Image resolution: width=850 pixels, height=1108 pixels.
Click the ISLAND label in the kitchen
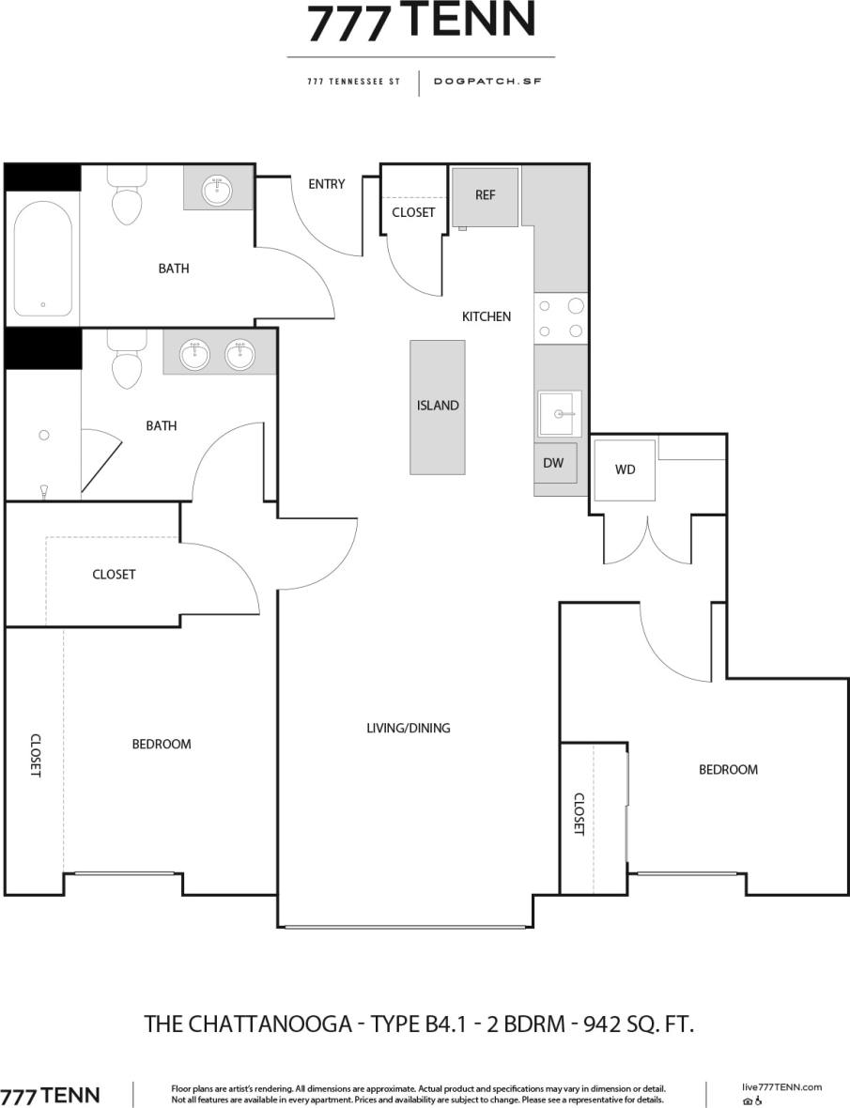point(438,406)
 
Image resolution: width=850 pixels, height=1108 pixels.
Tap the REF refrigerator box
point(485,196)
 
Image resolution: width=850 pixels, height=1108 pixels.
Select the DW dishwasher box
point(553,464)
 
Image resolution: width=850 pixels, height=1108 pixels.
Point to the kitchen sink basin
point(559,413)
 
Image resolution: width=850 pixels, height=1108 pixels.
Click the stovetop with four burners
point(560,317)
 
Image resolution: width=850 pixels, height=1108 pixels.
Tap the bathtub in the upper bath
point(42,258)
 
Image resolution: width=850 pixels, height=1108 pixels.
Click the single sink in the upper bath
point(218,189)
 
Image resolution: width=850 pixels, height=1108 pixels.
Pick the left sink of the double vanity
point(196,355)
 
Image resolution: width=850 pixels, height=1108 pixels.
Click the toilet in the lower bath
point(126,362)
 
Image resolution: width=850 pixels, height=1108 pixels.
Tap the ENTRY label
point(327,184)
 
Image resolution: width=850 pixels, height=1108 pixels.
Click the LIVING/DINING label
point(408,728)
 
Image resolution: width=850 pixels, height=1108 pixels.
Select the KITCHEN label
point(486,316)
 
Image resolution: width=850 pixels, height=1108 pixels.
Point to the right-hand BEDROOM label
point(728,769)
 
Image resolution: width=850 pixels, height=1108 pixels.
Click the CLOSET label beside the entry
point(413,212)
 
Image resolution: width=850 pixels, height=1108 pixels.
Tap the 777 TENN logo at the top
point(422,23)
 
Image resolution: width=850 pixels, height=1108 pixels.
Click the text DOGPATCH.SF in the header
point(487,81)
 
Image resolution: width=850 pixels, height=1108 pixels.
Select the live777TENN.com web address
point(780,1086)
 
